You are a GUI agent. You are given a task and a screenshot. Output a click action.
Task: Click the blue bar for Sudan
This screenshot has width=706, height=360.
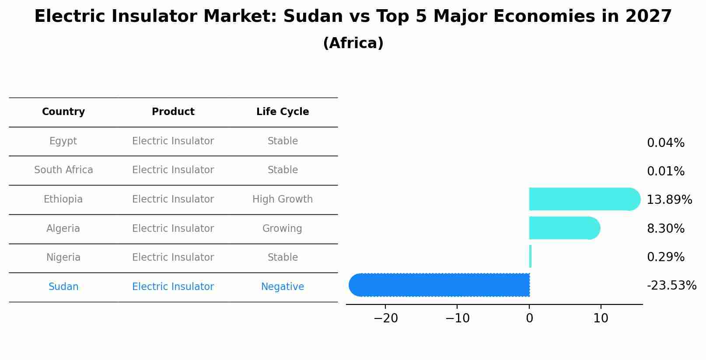tap(439, 285)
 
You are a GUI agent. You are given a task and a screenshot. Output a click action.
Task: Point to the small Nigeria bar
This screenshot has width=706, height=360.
tap(530, 256)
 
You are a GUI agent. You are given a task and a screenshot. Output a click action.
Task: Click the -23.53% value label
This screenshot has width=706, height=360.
tap(671, 286)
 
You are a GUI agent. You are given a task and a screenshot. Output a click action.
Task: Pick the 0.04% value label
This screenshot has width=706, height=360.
tap(665, 143)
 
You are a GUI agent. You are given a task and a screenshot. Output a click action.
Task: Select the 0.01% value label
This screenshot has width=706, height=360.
tap(665, 171)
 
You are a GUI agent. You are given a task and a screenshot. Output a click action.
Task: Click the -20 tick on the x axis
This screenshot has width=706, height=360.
tap(385, 318)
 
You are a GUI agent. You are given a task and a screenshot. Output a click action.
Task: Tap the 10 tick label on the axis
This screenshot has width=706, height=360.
tap(601, 318)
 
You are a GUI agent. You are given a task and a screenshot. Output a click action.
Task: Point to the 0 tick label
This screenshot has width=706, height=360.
tap(529, 318)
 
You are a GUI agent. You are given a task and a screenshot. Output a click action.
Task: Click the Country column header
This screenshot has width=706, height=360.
tap(63, 112)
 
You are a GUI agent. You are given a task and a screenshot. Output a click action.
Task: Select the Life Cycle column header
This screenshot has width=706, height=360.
tap(283, 112)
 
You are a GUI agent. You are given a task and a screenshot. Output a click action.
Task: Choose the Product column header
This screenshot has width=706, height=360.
tap(173, 112)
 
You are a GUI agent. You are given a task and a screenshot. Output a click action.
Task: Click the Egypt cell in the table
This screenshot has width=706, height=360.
tap(63, 141)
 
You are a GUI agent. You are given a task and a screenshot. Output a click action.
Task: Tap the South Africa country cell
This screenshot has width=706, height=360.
tap(63, 170)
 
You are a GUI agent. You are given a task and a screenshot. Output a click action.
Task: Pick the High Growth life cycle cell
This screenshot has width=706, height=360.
tap(283, 199)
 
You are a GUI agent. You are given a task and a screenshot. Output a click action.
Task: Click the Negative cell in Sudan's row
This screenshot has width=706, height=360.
tap(283, 287)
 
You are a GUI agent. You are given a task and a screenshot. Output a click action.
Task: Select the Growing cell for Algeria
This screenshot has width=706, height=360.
tap(282, 229)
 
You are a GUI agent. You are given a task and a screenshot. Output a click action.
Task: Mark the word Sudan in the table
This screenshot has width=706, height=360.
tap(63, 287)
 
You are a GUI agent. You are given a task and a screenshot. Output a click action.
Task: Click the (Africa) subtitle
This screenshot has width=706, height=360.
tap(353, 43)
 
